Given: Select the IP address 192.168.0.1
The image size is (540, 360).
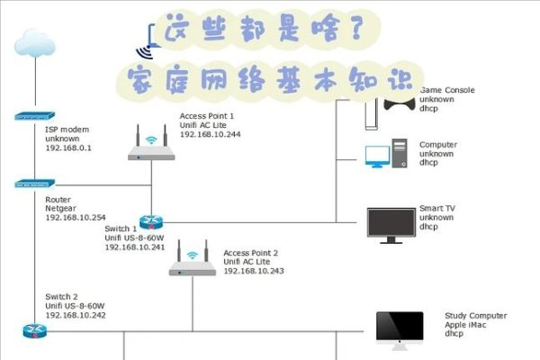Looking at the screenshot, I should [x=69, y=148].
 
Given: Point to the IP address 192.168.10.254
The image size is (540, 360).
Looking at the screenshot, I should [x=76, y=217].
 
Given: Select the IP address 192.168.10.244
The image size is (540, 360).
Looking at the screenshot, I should [x=211, y=134].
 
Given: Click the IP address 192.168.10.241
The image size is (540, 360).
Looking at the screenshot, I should [x=135, y=247].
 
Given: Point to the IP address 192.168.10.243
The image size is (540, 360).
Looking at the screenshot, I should [x=254, y=271].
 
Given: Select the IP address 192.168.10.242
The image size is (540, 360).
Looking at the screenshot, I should [x=76, y=316].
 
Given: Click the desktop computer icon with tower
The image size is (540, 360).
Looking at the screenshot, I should [x=387, y=155].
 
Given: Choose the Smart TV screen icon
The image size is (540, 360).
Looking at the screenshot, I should [x=391, y=223].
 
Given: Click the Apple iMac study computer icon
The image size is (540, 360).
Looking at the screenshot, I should [x=399, y=329].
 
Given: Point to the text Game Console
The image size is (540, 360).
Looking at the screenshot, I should [x=447, y=90].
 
